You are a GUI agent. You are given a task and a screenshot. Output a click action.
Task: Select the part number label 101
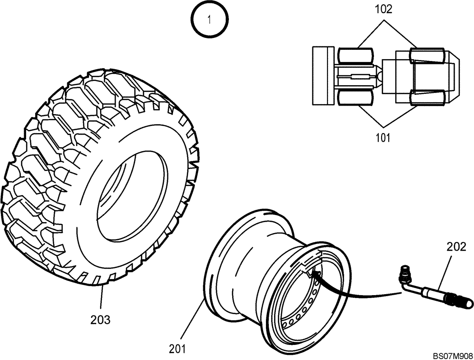coord(383,138)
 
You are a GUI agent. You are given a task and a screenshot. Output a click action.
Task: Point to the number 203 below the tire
coord(100,320)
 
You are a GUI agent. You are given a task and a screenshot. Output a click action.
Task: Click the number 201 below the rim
coord(177,349)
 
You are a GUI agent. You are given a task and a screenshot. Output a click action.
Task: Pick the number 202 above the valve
coord(456,247)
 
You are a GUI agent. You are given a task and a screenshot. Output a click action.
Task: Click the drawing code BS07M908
coord(452,355)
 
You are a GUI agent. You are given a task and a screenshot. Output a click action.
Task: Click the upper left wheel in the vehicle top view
coord(354,56)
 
